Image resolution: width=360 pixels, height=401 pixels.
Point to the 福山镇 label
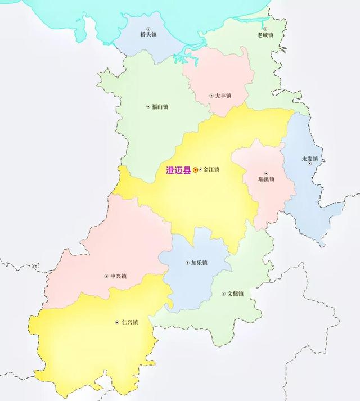click(160, 106)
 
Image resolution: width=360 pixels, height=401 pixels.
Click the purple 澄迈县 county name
click(178, 169)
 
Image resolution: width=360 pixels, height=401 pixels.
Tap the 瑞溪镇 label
click(266, 179)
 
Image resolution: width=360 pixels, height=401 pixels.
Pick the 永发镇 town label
click(310, 159)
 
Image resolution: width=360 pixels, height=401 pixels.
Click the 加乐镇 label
click(199, 263)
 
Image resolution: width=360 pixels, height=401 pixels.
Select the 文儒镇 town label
click(235, 294)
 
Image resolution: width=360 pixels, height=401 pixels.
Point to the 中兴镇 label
click(118, 276)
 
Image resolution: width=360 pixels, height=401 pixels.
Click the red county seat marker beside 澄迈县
click(195, 169)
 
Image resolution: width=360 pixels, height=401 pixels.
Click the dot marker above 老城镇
click(265, 28)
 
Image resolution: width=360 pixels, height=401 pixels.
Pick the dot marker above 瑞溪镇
click(266, 173)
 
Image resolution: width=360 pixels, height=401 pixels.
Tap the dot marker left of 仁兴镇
click(116, 322)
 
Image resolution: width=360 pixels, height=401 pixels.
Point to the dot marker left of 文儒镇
click(223, 294)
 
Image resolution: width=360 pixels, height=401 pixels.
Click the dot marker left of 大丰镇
click(211, 96)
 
